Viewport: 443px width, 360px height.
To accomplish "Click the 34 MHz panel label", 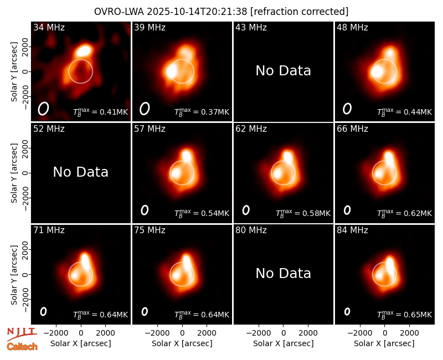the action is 49,27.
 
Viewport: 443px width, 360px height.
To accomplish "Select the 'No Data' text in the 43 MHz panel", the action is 283,71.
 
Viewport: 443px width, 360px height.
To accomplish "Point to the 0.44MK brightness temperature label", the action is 405,112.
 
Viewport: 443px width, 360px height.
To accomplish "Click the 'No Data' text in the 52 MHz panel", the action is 80,172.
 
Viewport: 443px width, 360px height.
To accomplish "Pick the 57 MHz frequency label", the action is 150,129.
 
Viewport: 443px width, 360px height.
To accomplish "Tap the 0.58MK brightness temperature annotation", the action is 303,214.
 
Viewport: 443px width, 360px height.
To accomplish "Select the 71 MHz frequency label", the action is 49,230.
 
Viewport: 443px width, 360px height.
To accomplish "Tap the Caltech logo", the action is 22,347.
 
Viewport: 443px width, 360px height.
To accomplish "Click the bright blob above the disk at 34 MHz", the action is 84,50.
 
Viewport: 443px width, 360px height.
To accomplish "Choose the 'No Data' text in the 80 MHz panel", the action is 283,273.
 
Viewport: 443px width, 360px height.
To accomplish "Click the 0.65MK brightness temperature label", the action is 405,315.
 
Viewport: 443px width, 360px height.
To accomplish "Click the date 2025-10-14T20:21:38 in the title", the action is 197,12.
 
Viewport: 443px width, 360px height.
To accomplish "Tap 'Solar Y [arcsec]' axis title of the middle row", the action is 14,173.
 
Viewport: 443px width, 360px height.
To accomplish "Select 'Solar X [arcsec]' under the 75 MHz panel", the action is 182,343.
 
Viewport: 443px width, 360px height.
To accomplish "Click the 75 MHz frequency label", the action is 150,230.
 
